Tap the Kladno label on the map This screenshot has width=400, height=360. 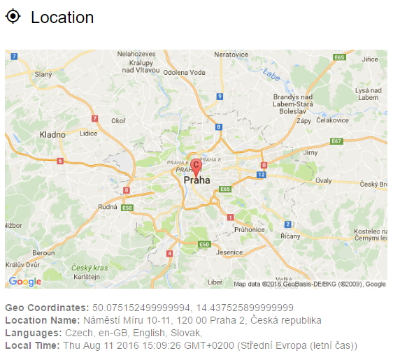pyautogui.click(x=52, y=134)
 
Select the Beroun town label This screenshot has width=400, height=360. pyautogui.click(x=43, y=252)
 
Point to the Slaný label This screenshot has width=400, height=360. pyautogui.click(x=43, y=74)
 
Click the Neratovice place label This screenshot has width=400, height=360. pyautogui.click(x=231, y=54)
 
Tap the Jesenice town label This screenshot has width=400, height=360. pyautogui.click(x=230, y=252)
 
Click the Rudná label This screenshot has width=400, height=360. pyautogui.click(x=108, y=206)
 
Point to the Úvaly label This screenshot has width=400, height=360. pyautogui.click(x=324, y=180)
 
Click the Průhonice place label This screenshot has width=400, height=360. pyautogui.click(x=250, y=229)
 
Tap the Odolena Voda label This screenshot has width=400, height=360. pyautogui.click(x=184, y=72)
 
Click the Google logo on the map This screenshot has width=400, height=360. pyautogui.click(x=25, y=282)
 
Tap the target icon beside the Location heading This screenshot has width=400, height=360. pyautogui.click(x=13, y=16)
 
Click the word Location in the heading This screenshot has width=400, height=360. pyautogui.click(x=62, y=17)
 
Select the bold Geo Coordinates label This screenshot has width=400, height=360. pyautogui.click(x=47, y=308)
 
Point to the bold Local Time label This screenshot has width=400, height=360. pyautogui.click(x=33, y=345)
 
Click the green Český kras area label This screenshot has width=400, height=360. pyautogui.click(x=90, y=268)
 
